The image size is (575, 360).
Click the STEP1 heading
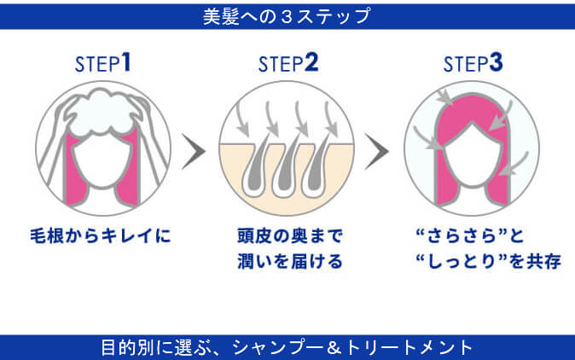click(x=102, y=63)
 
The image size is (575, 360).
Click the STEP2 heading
click(x=287, y=63)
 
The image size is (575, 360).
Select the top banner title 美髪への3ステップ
click(x=287, y=15)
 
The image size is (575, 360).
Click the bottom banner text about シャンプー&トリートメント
click(x=287, y=347)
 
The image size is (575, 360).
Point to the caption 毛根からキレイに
click(x=102, y=234)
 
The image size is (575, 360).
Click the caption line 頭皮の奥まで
click(x=287, y=234)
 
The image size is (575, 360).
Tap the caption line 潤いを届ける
click(x=287, y=261)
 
